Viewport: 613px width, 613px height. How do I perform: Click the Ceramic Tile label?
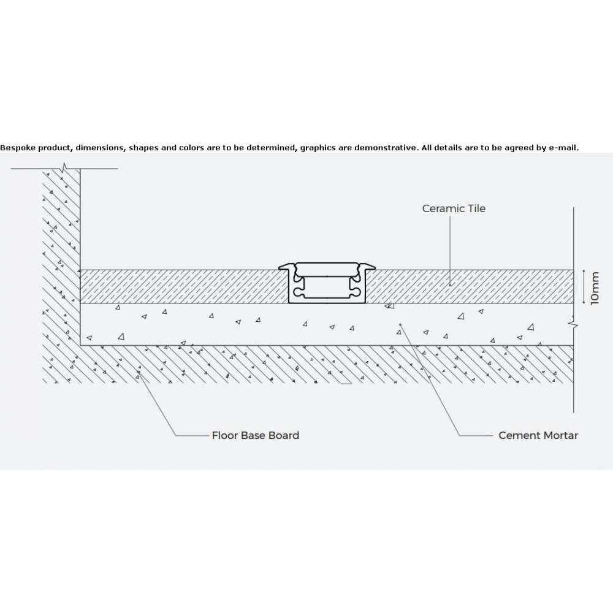click(x=454, y=208)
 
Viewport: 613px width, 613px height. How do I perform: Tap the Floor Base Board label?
click(x=255, y=435)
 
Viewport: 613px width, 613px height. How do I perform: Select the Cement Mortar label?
click(x=538, y=435)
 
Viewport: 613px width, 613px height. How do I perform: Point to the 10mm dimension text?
click(x=595, y=288)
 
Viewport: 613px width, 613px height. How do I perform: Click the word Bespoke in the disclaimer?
click(x=18, y=148)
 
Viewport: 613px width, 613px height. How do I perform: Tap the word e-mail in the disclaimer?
click(x=564, y=148)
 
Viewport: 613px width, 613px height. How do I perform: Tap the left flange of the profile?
click(x=286, y=267)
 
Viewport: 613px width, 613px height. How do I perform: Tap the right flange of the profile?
click(x=367, y=267)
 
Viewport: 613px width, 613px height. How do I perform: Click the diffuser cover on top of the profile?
click(x=327, y=270)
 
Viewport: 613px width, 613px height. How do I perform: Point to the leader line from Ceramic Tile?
click(x=449, y=250)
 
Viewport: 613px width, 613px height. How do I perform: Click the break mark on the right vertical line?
click(x=574, y=324)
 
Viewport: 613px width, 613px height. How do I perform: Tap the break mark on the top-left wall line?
click(x=65, y=168)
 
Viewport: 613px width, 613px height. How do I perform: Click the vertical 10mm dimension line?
click(x=584, y=286)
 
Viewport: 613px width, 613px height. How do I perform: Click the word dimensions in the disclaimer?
click(x=100, y=148)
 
